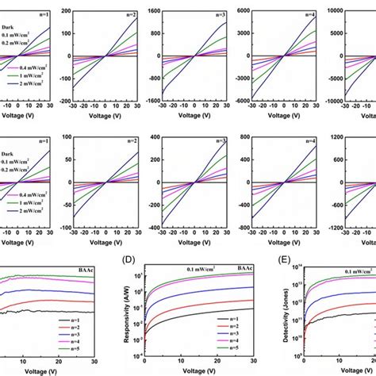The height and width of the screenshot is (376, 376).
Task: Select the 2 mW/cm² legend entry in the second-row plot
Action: coord(22,209)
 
